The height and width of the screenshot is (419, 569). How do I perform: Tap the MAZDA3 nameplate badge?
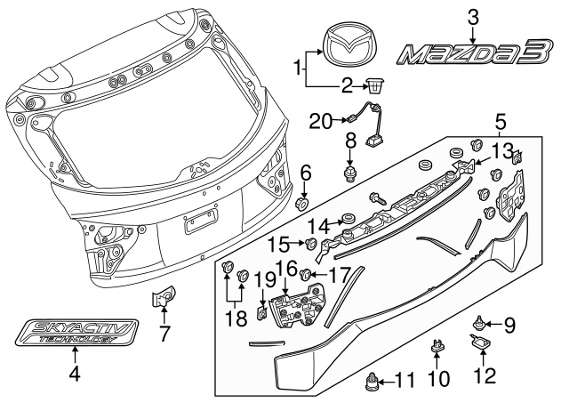[472, 55]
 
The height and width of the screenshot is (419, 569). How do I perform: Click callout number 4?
[75, 375]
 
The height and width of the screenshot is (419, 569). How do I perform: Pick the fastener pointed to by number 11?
[373, 385]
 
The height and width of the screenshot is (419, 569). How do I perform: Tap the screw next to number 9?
[479, 321]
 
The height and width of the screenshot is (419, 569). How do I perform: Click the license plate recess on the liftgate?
[199, 222]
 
